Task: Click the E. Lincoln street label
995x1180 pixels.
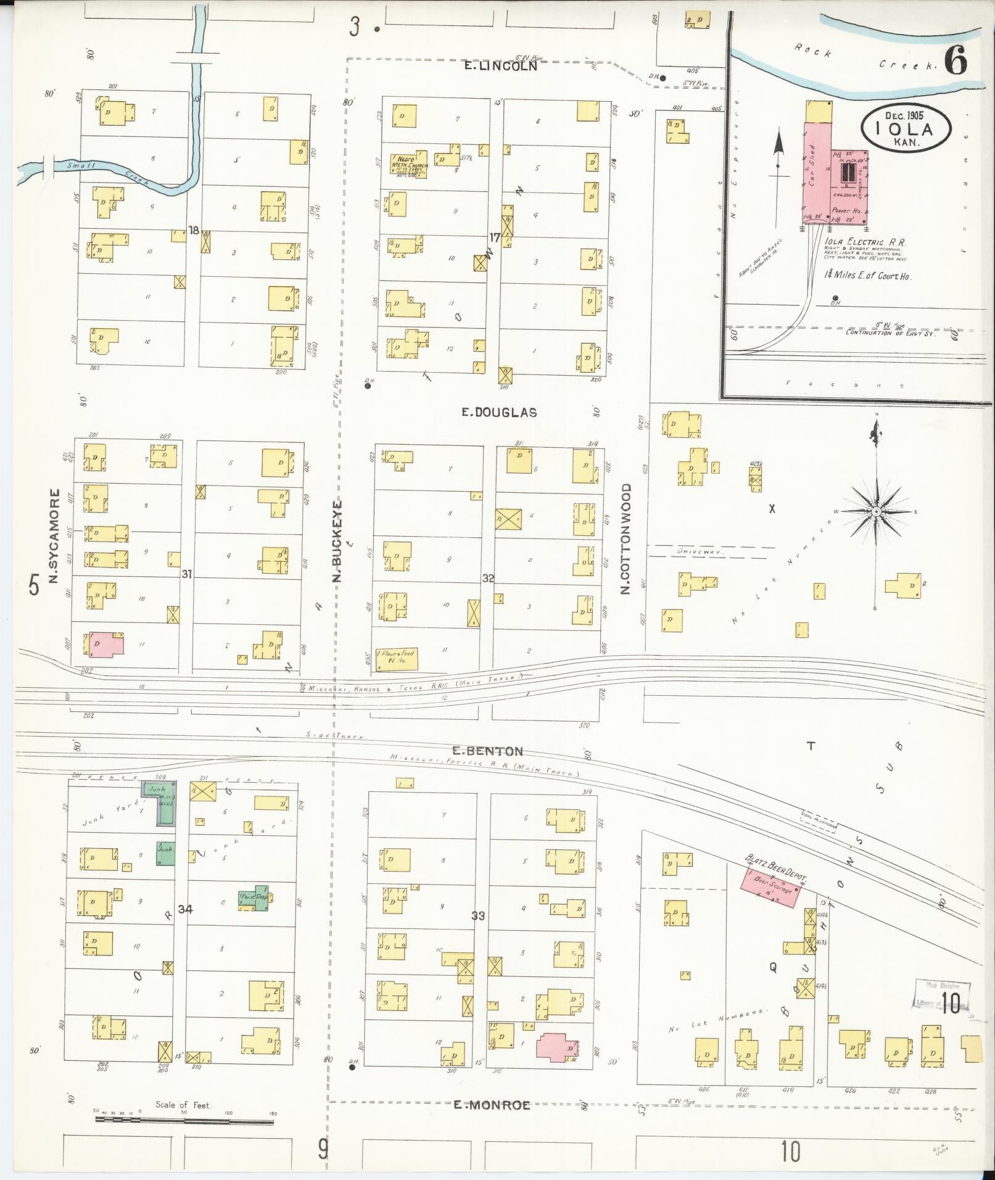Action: (x=500, y=65)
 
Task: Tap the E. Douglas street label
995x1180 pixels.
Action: (x=499, y=413)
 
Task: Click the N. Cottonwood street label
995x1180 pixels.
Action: (x=626, y=538)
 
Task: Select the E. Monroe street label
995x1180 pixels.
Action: (x=492, y=1105)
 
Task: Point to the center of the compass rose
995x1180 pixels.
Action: (x=876, y=511)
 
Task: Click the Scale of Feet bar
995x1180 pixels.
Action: (x=184, y=1121)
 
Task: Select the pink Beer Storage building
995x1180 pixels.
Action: (x=771, y=889)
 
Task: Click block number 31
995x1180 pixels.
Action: (x=187, y=574)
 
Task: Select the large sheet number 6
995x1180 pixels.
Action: (x=956, y=62)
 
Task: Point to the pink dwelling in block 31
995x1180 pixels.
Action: (x=106, y=644)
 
